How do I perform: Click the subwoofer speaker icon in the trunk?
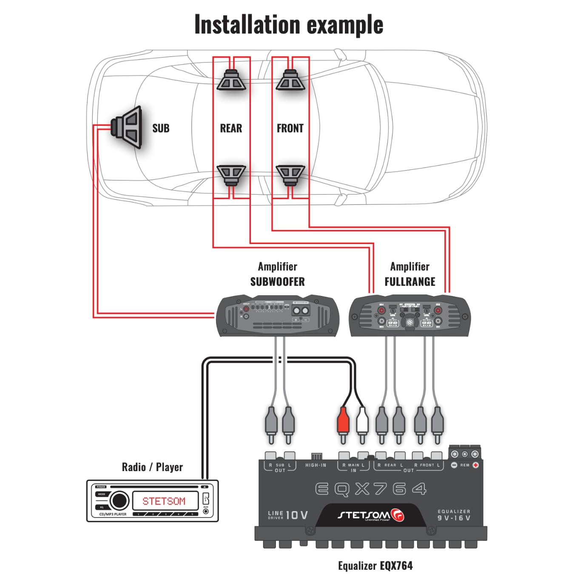pyautogui.click(x=127, y=127)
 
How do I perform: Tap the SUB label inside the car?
pyautogui.click(x=161, y=128)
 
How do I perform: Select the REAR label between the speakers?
pyautogui.click(x=231, y=128)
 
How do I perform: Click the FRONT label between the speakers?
pyautogui.click(x=290, y=128)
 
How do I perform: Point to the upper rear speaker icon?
pyautogui.click(x=231, y=80)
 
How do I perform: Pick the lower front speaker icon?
pyautogui.click(x=290, y=175)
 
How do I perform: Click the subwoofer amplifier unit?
pyautogui.click(x=278, y=315)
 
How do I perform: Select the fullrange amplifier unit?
pyautogui.click(x=410, y=316)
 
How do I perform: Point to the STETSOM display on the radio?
pyautogui.click(x=164, y=501)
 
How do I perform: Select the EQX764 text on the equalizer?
pyautogui.click(x=370, y=489)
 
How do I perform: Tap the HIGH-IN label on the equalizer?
pyautogui.click(x=315, y=465)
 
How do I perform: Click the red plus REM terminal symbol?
pyautogui.click(x=475, y=465)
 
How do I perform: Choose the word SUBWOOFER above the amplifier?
pyautogui.click(x=277, y=281)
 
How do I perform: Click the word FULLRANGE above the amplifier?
pyautogui.click(x=410, y=281)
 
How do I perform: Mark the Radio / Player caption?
pyautogui.click(x=152, y=467)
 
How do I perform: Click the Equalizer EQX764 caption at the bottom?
pyautogui.click(x=375, y=565)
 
